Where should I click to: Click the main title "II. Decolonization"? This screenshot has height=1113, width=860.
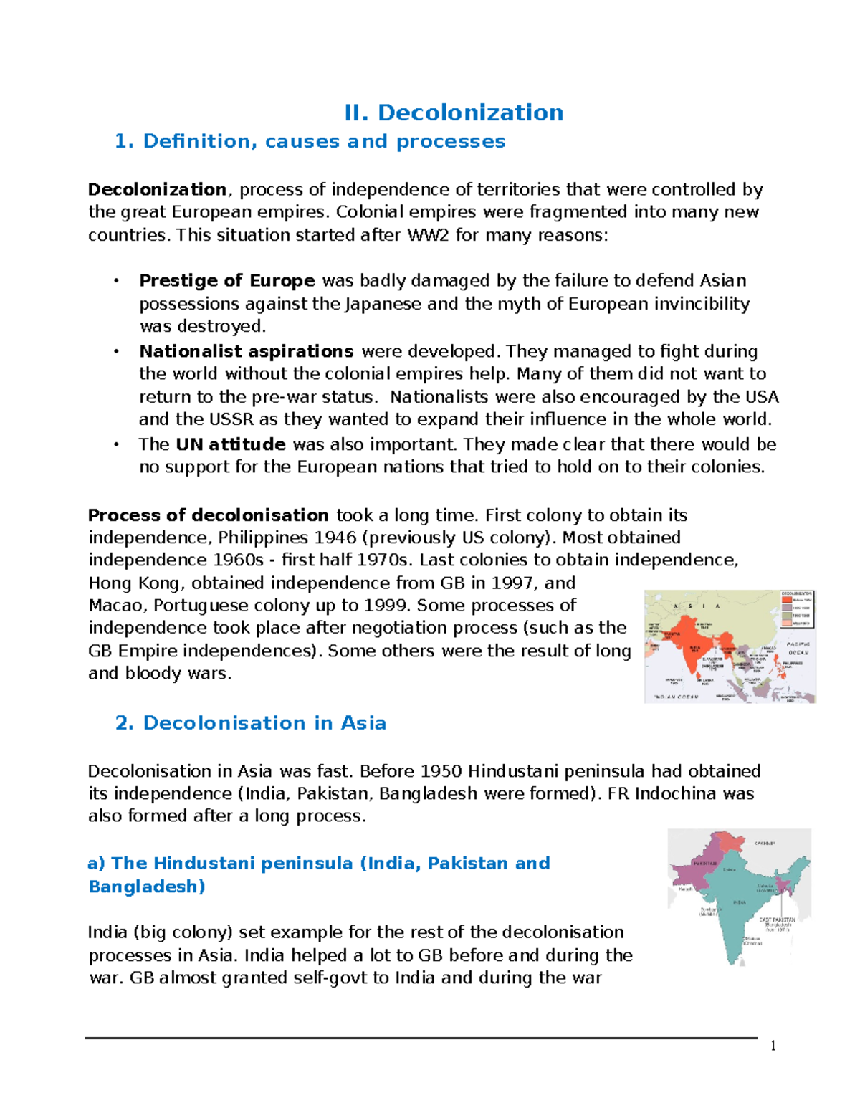coord(454,113)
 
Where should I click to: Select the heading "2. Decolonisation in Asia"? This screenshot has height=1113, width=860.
coord(250,722)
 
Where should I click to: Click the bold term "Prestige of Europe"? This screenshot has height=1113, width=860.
coord(227,280)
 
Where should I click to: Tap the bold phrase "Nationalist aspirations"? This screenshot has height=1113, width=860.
coord(247,351)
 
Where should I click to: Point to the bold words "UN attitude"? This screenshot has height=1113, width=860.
coord(231,444)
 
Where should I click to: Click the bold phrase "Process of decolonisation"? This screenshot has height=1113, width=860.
coord(208,515)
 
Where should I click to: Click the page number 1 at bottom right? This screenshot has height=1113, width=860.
coord(773,1046)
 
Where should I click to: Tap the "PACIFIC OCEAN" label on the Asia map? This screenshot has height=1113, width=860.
coord(798,649)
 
